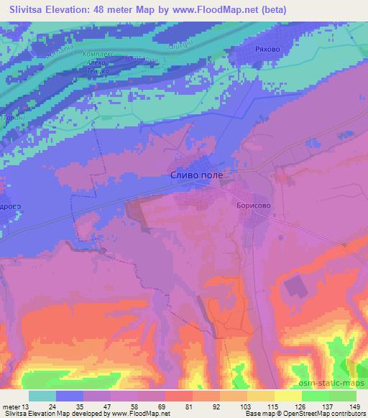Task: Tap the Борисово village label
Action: [252, 204]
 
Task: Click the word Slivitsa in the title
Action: [24, 8]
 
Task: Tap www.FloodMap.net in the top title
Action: [226, 8]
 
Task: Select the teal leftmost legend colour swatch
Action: [42, 396]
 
